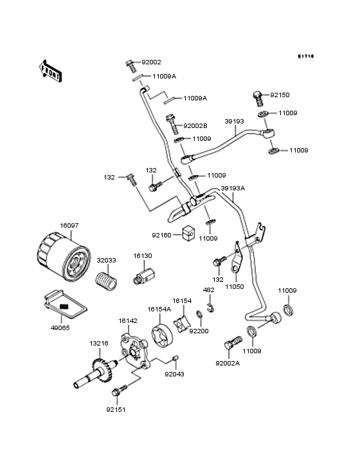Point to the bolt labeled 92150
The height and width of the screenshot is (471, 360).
coord(257,98)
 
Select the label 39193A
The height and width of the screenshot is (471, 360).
coord(233,189)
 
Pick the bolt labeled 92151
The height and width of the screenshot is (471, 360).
coord(120,391)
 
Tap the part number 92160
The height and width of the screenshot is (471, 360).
coord(162,235)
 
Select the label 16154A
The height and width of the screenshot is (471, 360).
coord(159,309)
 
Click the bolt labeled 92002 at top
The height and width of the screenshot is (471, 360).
coord(131,65)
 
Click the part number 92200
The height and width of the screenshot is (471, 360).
coord(199,331)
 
